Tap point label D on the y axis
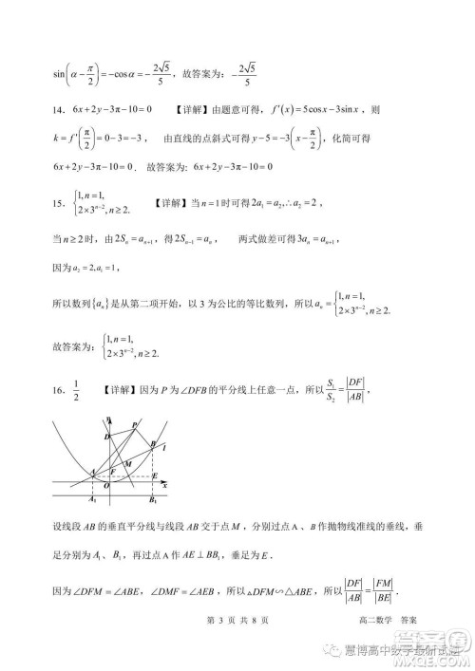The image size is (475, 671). pyautogui.click(x=106, y=436)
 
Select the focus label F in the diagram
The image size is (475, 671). pyautogui.click(x=112, y=470)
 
